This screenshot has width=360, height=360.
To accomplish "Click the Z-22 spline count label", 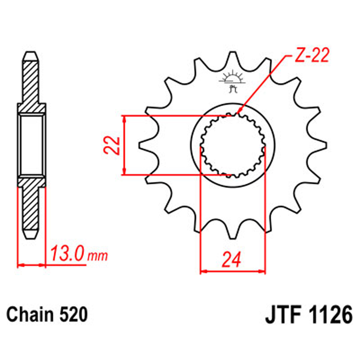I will (x=311, y=56).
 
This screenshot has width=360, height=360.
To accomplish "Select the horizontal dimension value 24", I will (x=232, y=259).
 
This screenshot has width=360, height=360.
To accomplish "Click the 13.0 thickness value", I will (x=67, y=252).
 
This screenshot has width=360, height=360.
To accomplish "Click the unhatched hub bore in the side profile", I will (x=32, y=145).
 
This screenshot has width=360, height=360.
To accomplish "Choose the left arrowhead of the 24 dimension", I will (x=203, y=272).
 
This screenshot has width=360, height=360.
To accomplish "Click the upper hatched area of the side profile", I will (x=32, y=82).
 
